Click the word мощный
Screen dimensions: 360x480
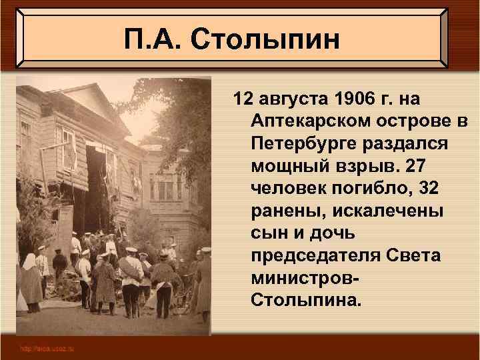pyautogui.click(x=283, y=166)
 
